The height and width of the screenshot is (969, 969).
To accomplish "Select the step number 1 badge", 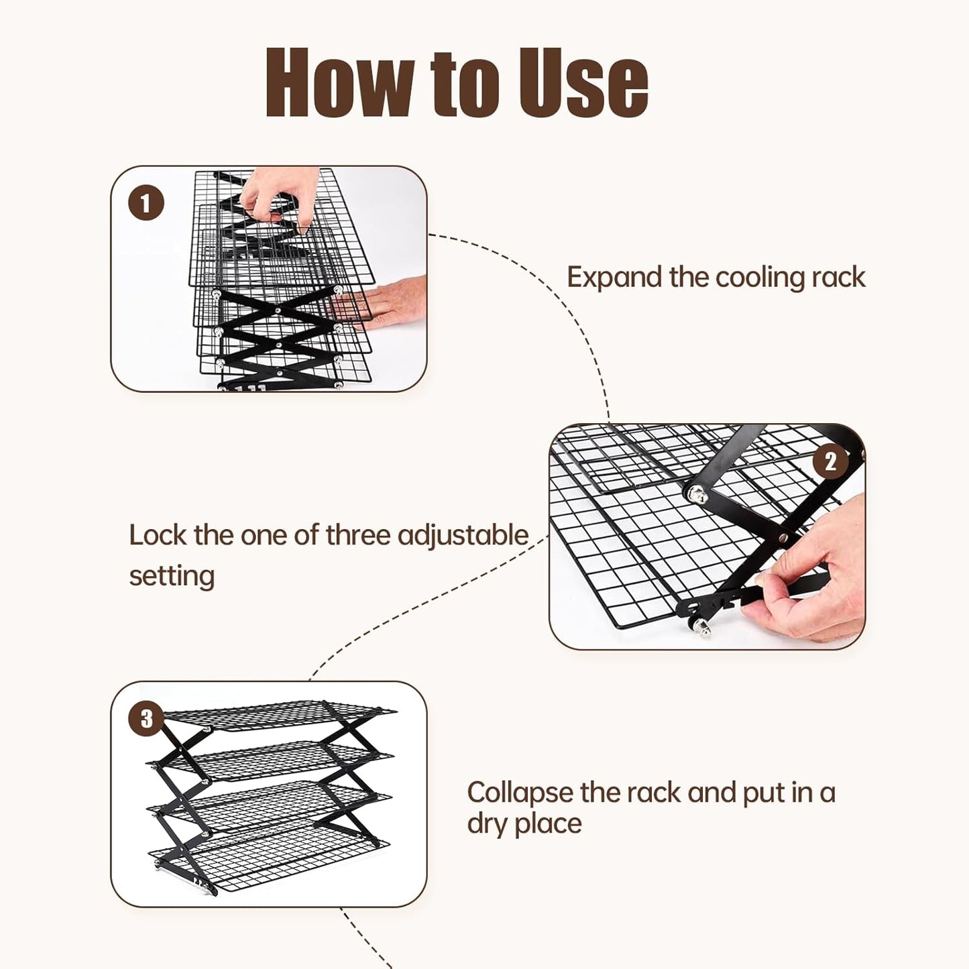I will point(146,203).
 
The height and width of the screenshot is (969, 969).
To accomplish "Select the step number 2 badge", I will point(830,461).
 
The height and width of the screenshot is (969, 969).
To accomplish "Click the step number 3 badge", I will point(146,718).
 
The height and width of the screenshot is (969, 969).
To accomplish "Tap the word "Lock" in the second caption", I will point(158,535).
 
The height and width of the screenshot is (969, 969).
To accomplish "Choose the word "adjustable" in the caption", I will point(463,535).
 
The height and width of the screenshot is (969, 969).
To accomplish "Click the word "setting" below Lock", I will point(172,575).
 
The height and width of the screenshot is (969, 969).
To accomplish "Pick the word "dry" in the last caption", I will point(487,824).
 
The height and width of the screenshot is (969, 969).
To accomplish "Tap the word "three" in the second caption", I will point(359,535).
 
